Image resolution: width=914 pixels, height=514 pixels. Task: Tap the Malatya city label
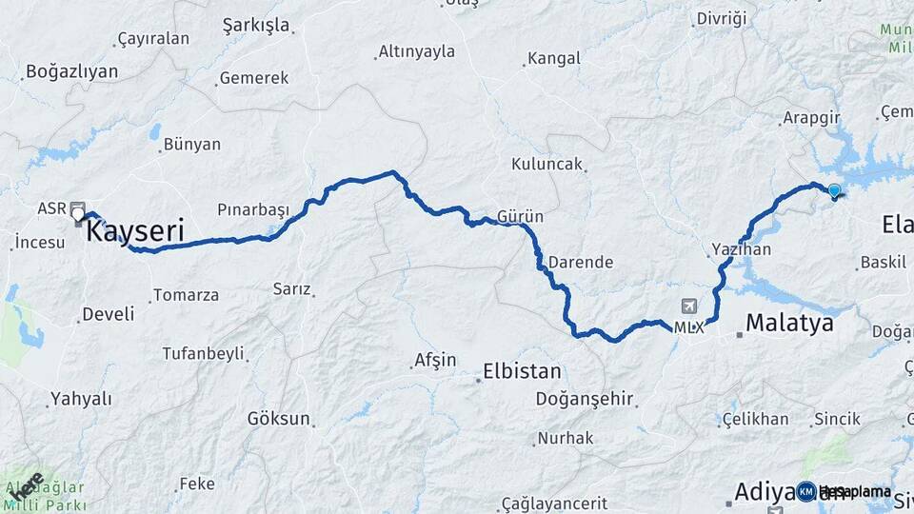[789, 323]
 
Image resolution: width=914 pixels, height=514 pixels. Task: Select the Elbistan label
[522, 370]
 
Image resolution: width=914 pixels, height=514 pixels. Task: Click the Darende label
[583, 262]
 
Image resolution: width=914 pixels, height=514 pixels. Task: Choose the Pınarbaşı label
[252, 208]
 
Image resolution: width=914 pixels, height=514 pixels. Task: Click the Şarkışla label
[255, 25]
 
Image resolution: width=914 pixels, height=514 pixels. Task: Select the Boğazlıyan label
[72, 71]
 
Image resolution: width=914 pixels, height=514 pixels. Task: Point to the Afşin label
[435, 361]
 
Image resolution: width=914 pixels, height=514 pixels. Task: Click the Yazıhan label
[741, 249]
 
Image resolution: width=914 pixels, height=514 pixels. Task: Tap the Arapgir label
[809, 118]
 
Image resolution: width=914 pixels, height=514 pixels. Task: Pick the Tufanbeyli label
[203, 353]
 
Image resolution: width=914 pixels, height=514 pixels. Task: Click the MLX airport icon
[689, 306]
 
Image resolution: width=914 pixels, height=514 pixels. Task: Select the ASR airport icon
[76, 208]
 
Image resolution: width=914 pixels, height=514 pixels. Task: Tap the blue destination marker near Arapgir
[835, 191]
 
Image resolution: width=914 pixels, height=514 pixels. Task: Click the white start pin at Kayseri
[78, 215]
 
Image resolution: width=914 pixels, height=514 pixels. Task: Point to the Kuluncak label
[546, 164]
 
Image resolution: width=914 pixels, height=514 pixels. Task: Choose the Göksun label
[279, 419]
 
